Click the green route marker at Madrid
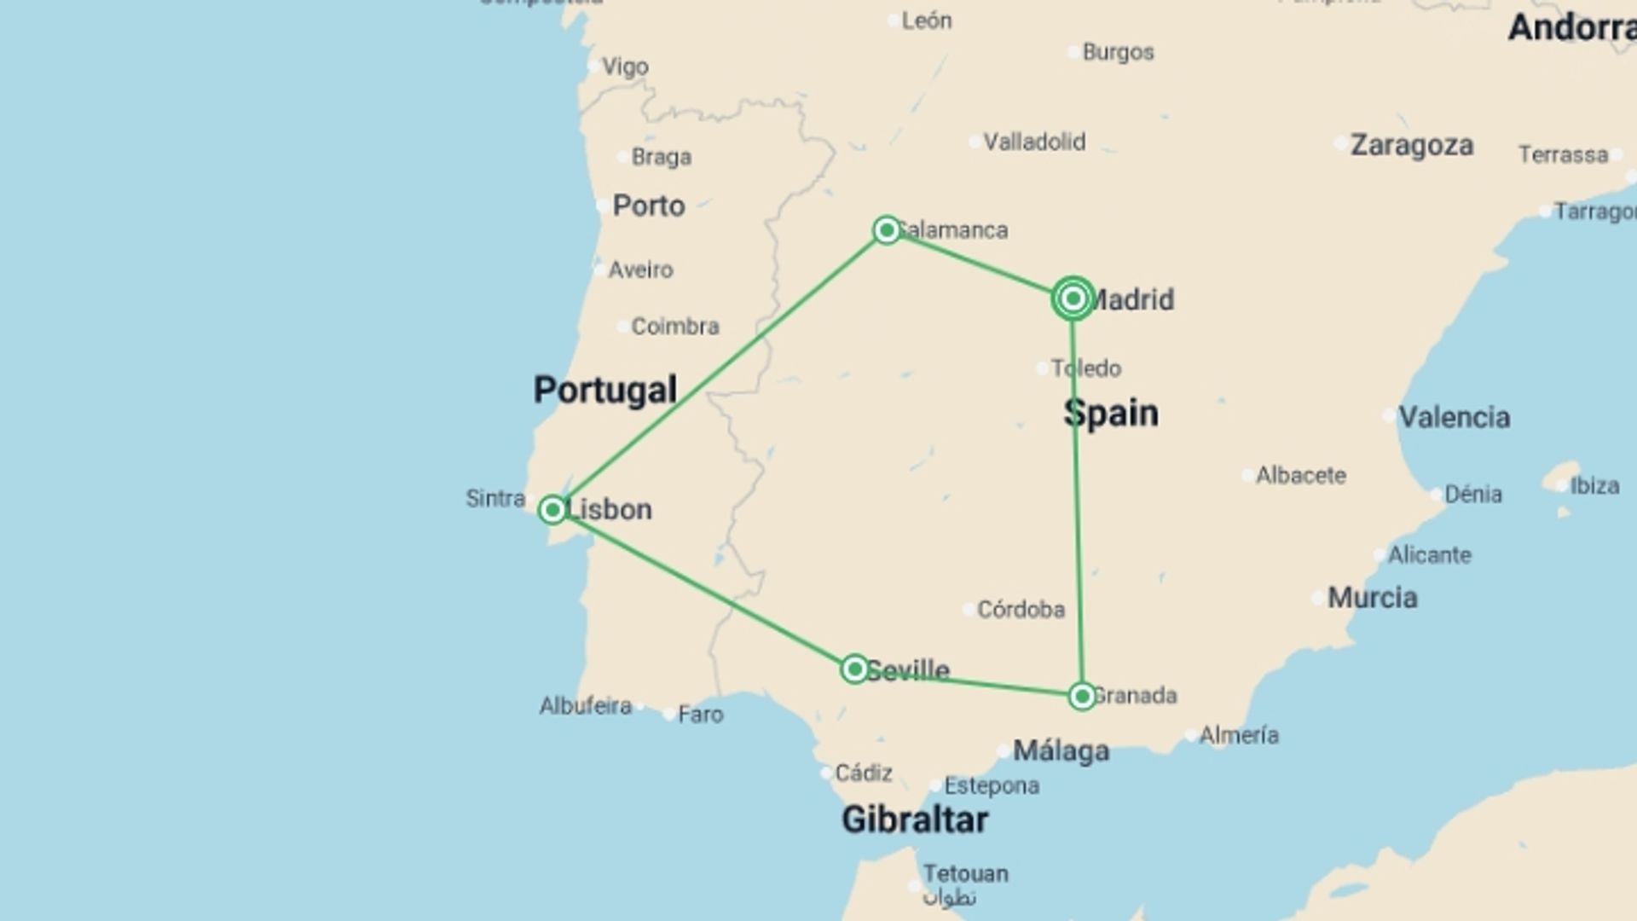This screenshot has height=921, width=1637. pyautogui.click(x=1073, y=298)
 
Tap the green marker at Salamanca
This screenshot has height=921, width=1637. pyautogui.click(x=887, y=230)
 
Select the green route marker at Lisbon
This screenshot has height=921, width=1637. pyautogui.click(x=552, y=510)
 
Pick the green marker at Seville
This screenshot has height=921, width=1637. pyautogui.click(x=854, y=669)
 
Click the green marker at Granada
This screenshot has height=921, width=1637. pyautogui.click(x=1082, y=697)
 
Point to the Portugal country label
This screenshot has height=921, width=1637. pyautogui.click(x=605, y=390)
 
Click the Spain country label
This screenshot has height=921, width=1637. pyautogui.click(x=1111, y=414)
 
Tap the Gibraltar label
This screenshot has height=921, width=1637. pyautogui.click(x=915, y=820)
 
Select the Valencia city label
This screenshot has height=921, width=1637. pyautogui.click(x=1455, y=417)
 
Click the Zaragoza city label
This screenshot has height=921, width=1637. pyautogui.click(x=1412, y=145)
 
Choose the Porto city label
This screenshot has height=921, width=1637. pyautogui.click(x=649, y=206)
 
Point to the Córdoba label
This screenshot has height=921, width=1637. pyautogui.click(x=1021, y=609)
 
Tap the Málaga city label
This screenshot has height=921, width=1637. pyautogui.click(x=1061, y=750)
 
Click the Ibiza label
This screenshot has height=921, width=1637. pyautogui.click(x=1594, y=485)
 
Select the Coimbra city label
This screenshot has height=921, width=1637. pyautogui.click(x=675, y=326)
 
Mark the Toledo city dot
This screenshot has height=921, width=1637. pyautogui.click(x=1042, y=368)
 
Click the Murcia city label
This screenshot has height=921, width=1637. pyautogui.click(x=1373, y=597)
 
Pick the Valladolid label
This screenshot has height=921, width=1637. pyautogui.click(x=1034, y=142)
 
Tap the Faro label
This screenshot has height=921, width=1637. pyautogui.click(x=701, y=714)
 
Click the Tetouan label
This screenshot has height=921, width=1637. pyautogui.click(x=965, y=873)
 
